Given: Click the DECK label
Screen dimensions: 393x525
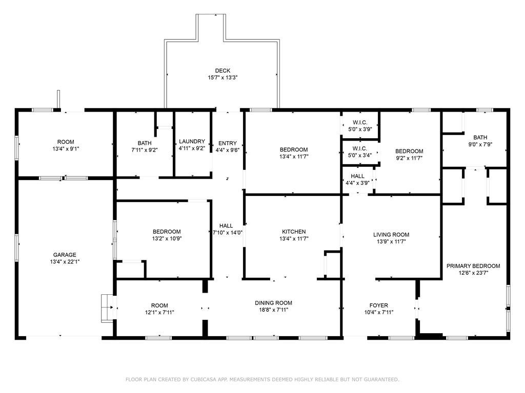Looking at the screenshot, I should pos(223,71).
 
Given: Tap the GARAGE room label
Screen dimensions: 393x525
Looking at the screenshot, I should pos(65,255).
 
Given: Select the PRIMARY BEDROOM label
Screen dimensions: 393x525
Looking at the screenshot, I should pos(473,266).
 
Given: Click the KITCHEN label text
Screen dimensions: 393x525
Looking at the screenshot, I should pos(294,232).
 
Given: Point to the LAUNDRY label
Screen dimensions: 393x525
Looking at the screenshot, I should pos(192,142).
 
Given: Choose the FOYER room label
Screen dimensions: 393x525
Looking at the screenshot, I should pos(378,305).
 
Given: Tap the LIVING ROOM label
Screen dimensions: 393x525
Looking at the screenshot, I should pos(391,235).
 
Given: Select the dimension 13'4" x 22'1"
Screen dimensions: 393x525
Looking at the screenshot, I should pos(65,261).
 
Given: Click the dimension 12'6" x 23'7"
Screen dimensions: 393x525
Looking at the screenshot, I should pos(473,273).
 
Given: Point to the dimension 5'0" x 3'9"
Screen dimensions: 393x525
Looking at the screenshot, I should pos(360,129).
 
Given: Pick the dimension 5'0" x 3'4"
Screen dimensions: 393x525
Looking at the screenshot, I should pos(360,156).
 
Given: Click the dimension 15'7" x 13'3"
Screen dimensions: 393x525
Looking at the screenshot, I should pos(223,78).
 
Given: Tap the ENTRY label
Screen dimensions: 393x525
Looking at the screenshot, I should pos(227,143).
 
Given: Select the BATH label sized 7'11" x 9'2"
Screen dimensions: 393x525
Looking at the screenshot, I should pos(145,143).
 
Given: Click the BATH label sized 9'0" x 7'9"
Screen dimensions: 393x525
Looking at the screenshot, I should pos(480,137).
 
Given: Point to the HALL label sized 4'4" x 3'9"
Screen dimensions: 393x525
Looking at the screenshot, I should pos(358,176).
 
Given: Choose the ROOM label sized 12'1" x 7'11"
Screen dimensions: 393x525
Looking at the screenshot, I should pos(159,305).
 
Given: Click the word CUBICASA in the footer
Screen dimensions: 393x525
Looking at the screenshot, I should pos(207,379).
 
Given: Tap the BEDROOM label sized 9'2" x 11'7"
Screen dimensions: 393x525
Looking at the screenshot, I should pos(409,151).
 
